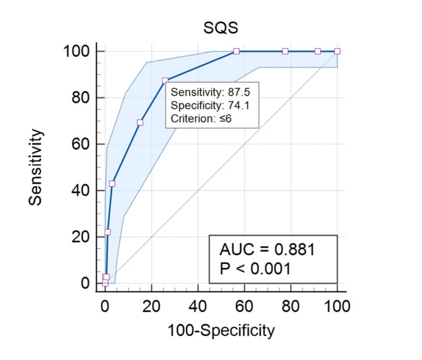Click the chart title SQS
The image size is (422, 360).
coord(221,28)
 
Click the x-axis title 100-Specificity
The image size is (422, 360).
coord(221,330)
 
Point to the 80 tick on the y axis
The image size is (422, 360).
coord(80,97)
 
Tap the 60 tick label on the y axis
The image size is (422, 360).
coord(80,144)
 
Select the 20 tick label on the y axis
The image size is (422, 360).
coord(80,237)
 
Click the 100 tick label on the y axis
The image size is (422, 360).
coord(76,51)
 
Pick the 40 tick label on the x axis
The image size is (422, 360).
coord(198,306)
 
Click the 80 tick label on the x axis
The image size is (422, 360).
coord(291,306)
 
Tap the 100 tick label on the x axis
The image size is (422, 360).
coord(337,306)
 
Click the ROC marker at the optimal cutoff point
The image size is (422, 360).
coord(165,80)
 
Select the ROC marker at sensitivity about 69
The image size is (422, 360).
coord(140,123)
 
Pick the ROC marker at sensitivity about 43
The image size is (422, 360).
coord(112,184)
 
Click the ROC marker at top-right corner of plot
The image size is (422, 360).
coord(337,51)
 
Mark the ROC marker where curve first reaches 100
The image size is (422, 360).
coord(237,51)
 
